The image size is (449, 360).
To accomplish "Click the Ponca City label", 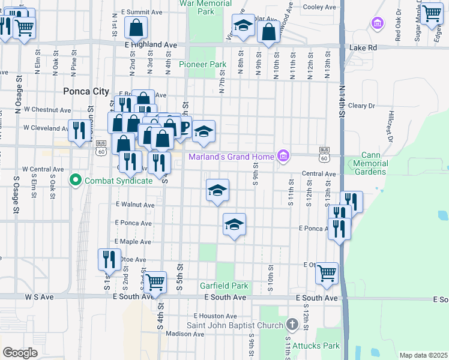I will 86,91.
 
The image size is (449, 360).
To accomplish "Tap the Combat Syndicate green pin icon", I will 75,179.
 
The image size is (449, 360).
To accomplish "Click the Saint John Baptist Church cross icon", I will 292,325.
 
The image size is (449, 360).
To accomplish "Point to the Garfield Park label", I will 225,286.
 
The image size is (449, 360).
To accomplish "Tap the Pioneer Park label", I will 202,64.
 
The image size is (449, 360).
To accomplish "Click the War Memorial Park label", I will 206,7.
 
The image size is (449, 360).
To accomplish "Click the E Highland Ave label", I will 151,45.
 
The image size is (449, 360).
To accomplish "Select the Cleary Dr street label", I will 361,106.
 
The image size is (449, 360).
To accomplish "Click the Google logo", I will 20,352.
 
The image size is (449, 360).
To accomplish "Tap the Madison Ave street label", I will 169,334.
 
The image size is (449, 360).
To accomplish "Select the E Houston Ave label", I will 216,316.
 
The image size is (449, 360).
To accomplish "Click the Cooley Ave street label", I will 320,7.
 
